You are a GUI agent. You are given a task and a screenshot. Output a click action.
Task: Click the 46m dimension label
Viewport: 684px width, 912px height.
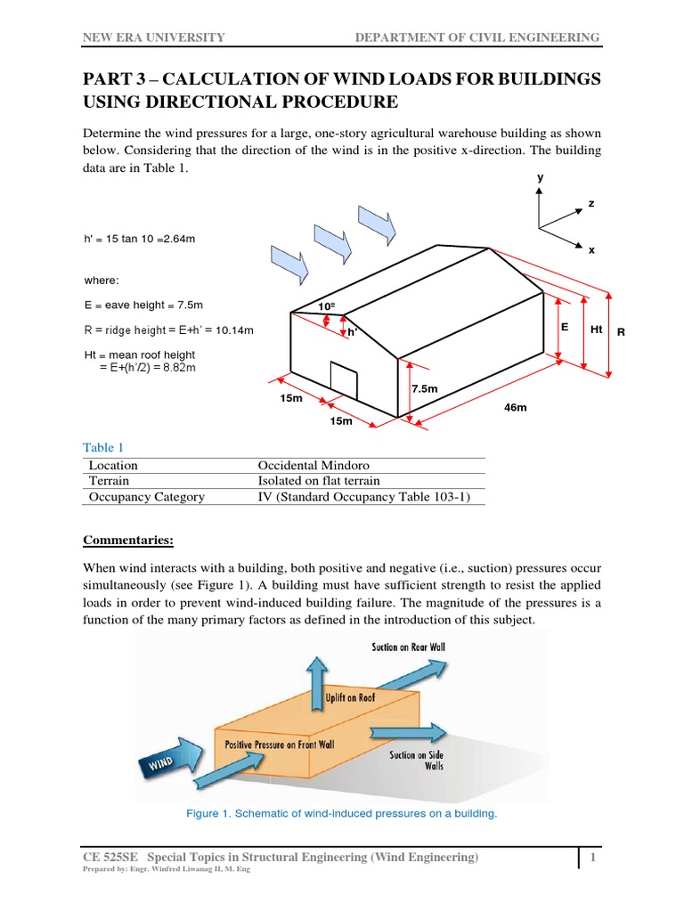516,407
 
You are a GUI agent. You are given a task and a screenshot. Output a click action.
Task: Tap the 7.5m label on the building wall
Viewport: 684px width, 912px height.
425,388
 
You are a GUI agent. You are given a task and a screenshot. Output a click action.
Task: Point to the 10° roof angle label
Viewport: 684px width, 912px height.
327,307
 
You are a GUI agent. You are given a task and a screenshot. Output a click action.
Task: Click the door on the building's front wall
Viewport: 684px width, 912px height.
343,379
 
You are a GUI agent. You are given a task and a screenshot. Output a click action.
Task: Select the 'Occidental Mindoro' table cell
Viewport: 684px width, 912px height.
313,465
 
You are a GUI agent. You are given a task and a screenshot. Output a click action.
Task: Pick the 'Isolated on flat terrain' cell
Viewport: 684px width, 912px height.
319,481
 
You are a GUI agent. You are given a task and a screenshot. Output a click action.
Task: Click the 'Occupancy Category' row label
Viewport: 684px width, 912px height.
146,497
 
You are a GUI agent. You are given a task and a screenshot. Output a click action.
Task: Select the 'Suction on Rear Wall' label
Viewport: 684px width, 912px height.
408,647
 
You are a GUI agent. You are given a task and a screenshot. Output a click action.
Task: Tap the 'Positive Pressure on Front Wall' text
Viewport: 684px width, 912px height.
281,744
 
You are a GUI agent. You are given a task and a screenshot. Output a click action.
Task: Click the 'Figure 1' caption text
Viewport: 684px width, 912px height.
341,813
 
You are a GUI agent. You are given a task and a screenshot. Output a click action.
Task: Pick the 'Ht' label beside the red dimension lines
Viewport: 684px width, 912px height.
596,330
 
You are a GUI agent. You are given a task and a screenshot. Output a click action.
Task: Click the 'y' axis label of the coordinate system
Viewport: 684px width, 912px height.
539,178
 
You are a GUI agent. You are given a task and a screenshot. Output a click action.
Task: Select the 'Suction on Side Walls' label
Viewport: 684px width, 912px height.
416,760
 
